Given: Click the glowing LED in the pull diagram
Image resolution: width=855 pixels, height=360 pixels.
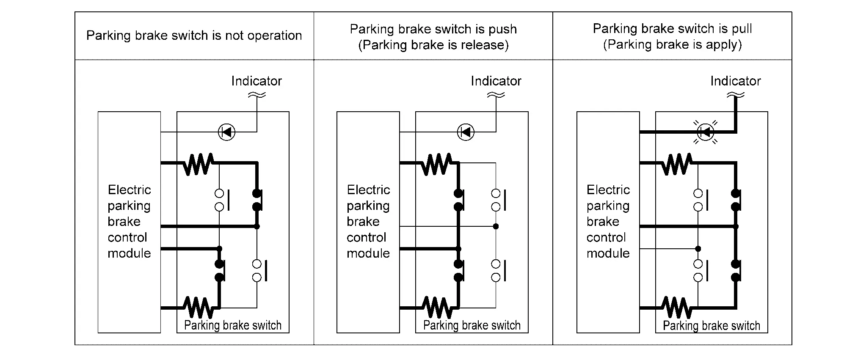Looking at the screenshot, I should pyautogui.click(x=705, y=132).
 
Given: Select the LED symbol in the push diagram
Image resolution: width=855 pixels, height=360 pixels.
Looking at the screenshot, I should pyautogui.click(x=466, y=132).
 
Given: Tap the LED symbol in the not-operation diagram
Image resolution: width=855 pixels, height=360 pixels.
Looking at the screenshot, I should pyautogui.click(x=226, y=132).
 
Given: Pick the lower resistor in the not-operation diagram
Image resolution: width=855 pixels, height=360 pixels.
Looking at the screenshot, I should pyautogui.click(x=198, y=308).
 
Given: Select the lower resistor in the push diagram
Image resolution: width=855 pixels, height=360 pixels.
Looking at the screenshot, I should pyautogui.click(x=437, y=308).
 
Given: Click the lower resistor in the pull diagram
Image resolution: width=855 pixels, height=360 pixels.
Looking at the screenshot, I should pyautogui.click(x=677, y=308).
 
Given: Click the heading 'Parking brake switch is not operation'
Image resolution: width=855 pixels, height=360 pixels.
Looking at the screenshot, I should pyautogui.click(x=194, y=36).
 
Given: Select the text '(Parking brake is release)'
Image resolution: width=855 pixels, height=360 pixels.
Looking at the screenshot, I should pyautogui.click(x=433, y=45).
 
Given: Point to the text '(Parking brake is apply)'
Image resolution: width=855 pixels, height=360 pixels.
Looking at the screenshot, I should pyautogui.click(x=672, y=44).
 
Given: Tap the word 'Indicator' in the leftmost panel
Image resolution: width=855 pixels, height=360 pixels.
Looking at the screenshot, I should pyautogui.click(x=256, y=81).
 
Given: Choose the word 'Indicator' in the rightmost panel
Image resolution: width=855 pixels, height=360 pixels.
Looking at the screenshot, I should pyautogui.click(x=735, y=81).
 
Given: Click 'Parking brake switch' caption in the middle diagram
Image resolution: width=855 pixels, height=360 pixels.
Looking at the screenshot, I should pyautogui.click(x=472, y=325).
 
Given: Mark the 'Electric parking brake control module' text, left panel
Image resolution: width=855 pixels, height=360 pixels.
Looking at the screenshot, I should pyautogui.click(x=129, y=221).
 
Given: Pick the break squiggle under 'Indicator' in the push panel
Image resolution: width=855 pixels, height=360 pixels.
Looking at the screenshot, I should pyautogui.click(x=496, y=96).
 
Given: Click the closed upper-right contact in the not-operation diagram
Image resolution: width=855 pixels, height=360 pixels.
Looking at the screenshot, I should pyautogui.click(x=257, y=200).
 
